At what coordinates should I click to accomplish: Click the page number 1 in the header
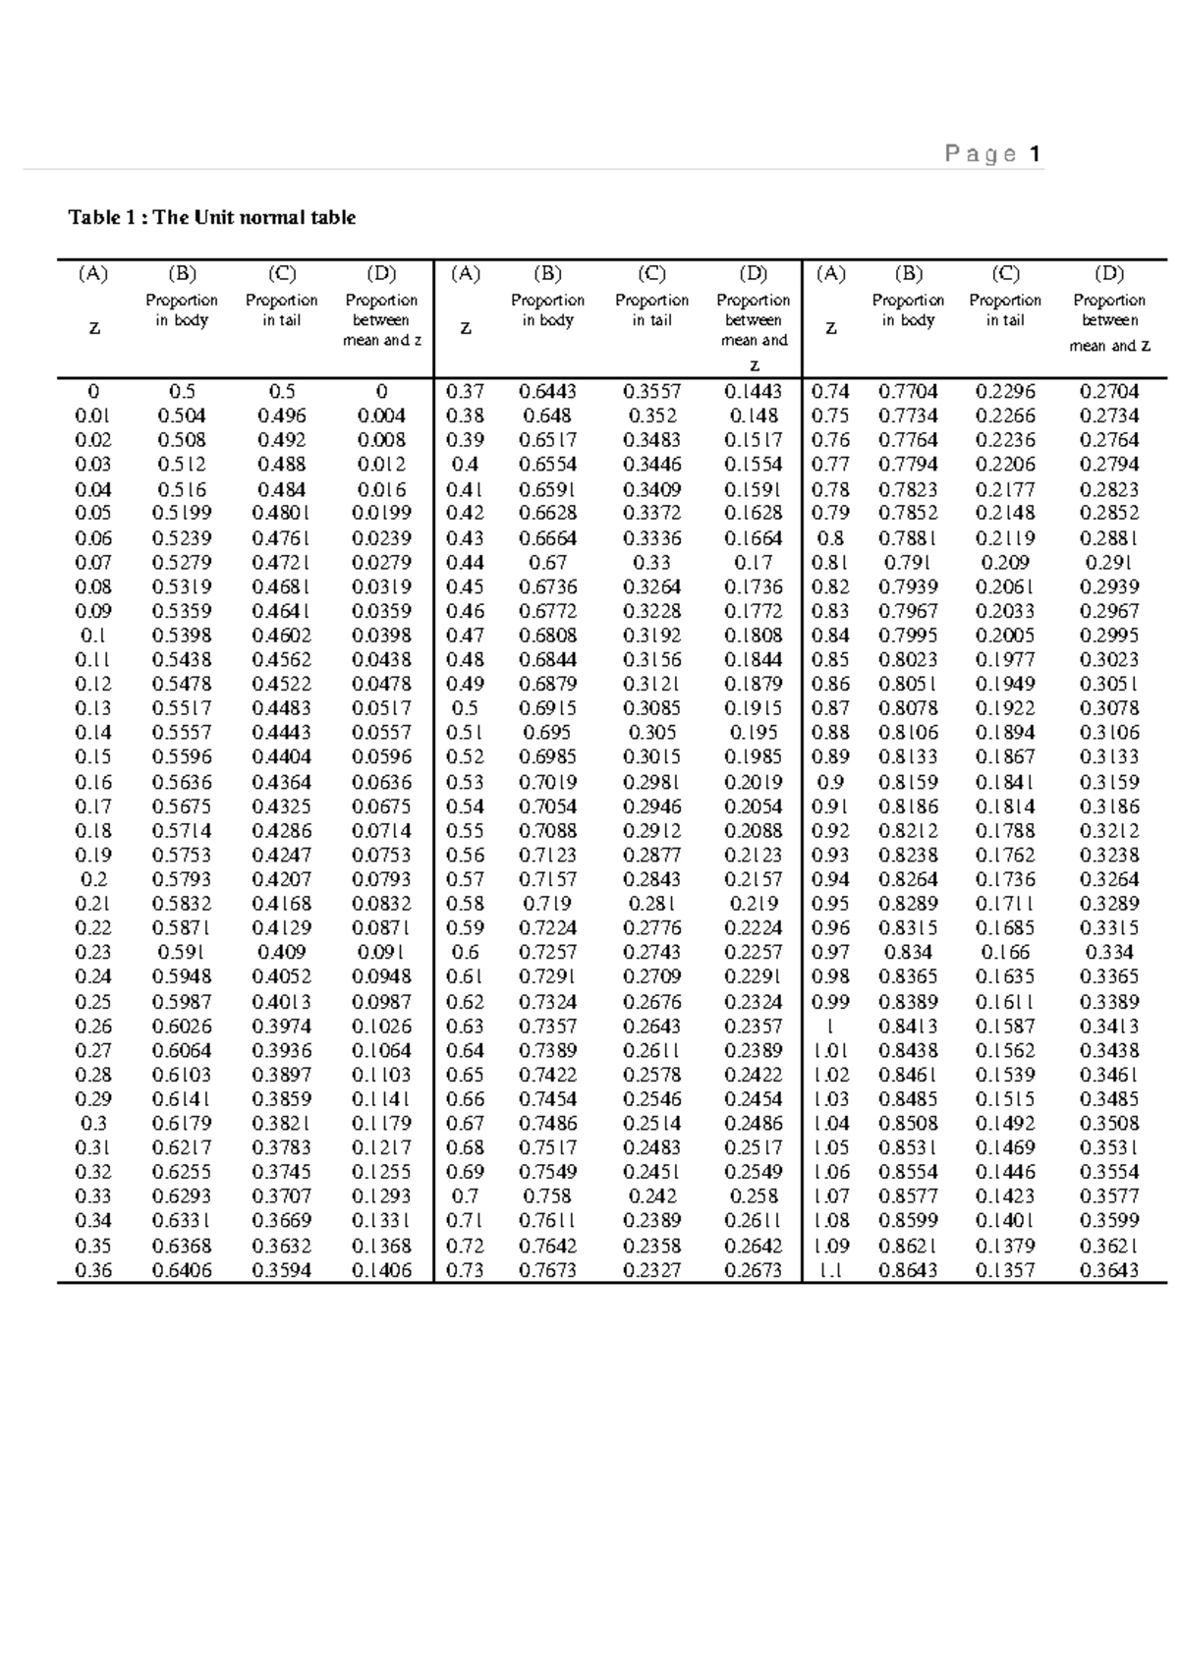click(1035, 154)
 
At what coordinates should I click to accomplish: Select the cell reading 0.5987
click(182, 1002)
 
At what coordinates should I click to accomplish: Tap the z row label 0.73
click(465, 1270)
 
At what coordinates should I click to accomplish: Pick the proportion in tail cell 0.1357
click(1005, 1270)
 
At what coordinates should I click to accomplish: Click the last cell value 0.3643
click(1109, 1270)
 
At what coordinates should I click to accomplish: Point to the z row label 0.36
click(93, 1270)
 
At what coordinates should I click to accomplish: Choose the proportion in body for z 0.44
click(547, 563)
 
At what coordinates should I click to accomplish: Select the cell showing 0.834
click(908, 952)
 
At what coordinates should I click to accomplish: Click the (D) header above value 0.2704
click(1109, 274)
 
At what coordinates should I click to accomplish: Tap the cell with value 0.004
click(381, 416)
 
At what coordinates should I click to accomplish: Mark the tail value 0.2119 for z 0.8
click(1005, 538)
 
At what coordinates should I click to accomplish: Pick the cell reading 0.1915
click(754, 708)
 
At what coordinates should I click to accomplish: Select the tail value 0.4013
click(282, 1002)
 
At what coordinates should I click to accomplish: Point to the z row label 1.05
click(831, 1147)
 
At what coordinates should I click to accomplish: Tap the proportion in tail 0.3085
click(651, 708)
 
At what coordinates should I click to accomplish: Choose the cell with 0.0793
click(381, 879)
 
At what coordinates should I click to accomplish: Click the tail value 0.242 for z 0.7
click(651, 1196)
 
